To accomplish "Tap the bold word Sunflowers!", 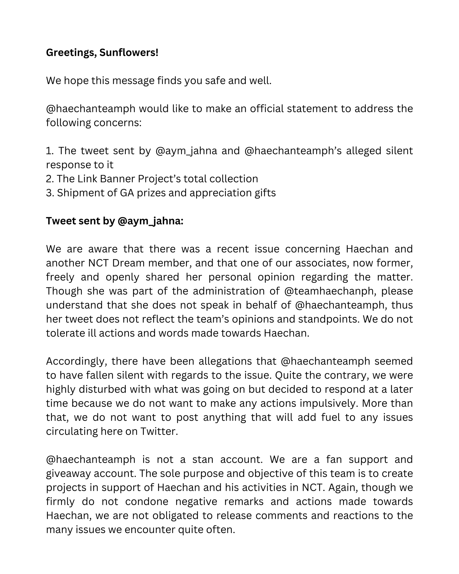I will pos(129,53).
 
